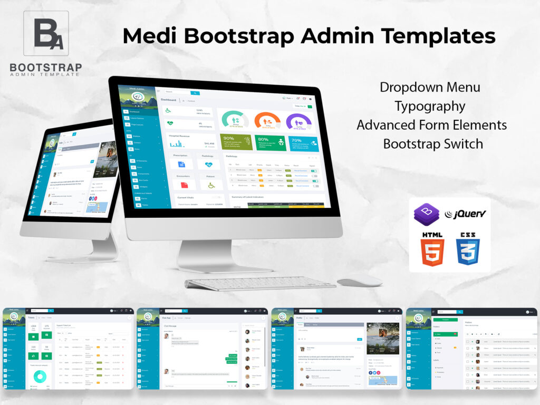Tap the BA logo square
[x=46, y=33]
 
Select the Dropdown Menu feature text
[x=430, y=87]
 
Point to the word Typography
[x=430, y=106]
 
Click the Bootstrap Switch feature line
[x=433, y=143]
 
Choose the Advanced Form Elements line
[x=431, y=125]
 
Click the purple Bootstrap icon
[x=427, y=214]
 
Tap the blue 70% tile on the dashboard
[x=303, y=143]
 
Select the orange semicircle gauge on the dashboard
[x=268, y=120]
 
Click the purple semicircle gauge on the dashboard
[x=298, y=121]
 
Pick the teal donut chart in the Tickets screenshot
[x=40, y=375]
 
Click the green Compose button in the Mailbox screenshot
[x=445, y=320]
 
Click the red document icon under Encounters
[x=184, y=185]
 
